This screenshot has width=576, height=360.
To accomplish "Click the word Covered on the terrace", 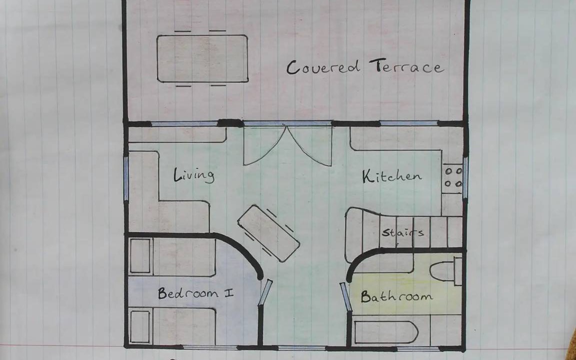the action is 323,67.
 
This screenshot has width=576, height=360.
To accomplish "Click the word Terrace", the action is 406,66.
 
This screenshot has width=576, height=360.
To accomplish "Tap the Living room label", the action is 193,175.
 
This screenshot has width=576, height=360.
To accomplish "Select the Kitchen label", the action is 391,176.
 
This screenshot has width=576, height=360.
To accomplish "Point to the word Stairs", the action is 402,232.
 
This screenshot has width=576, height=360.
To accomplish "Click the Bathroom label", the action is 396,296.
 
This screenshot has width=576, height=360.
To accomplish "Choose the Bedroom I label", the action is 195,293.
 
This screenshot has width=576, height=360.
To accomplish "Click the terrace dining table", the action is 202,58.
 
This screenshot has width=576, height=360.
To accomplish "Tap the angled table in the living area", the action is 268,233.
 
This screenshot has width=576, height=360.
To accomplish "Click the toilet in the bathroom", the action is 445,271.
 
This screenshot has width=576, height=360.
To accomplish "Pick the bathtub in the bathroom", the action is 385,332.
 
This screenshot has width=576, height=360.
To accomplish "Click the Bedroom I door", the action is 265,293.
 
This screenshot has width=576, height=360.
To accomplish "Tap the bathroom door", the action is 346,297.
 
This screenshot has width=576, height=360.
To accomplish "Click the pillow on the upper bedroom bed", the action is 140,256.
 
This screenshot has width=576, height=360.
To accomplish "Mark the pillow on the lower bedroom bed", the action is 140,326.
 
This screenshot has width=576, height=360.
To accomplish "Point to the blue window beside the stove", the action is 465,178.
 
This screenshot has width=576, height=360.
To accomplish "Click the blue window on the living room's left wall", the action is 126,179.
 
